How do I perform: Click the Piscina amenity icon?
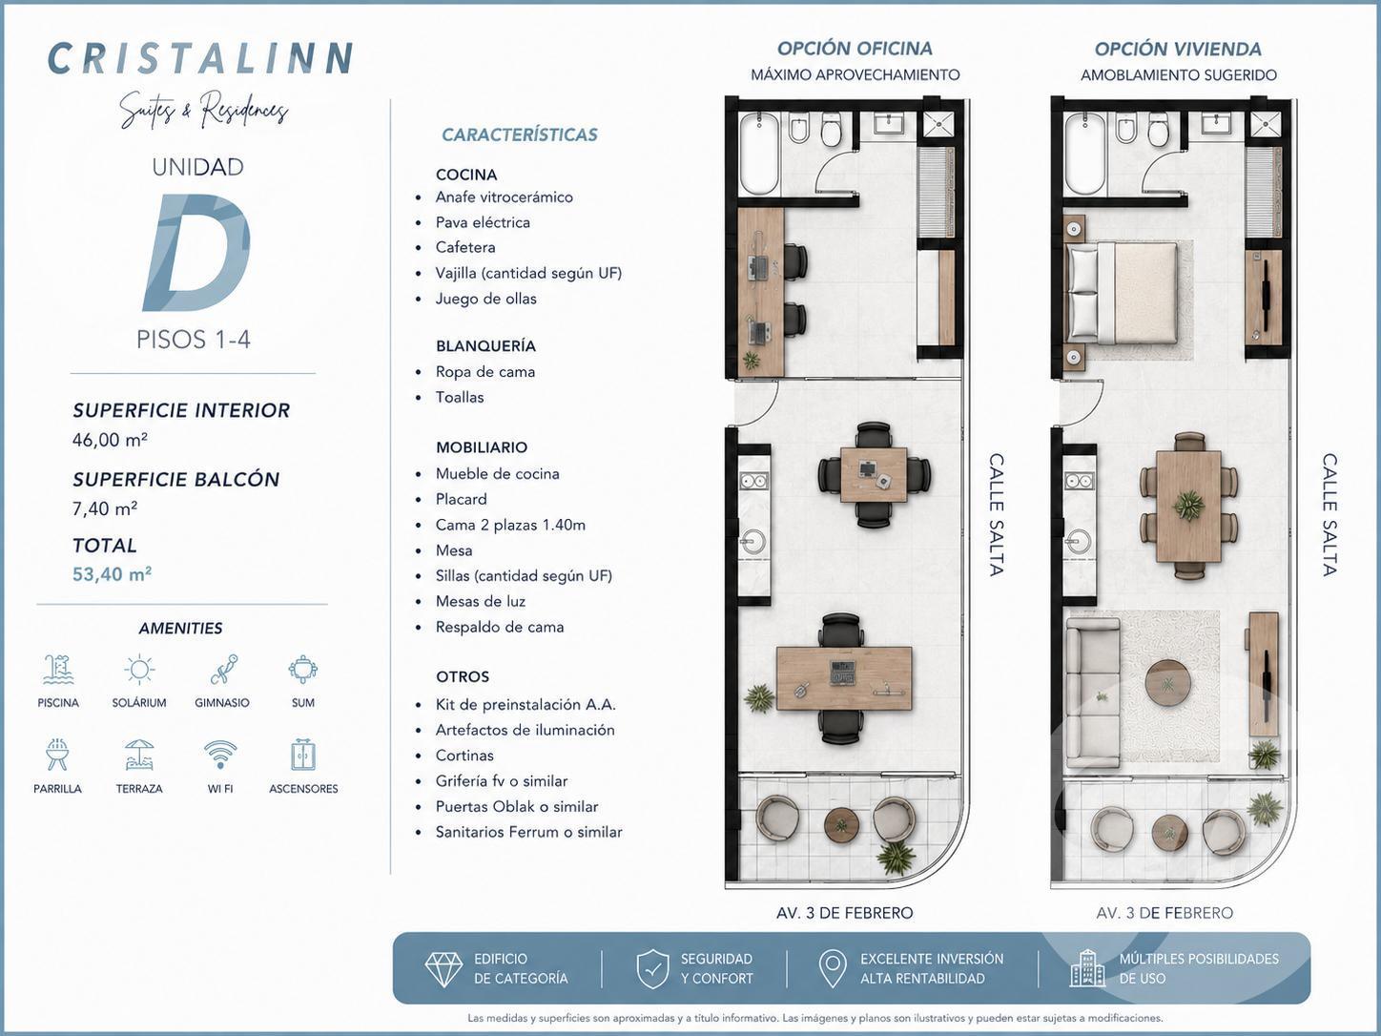coord(58,670)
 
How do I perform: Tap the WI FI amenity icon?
coord(220,755)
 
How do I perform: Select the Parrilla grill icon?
coord(57,755)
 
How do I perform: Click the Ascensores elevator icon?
coord(303,755)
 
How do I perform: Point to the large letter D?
coord(197,252)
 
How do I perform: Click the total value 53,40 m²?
coord(112,573)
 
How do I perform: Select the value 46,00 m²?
coord(110,439)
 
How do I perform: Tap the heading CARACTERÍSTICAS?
coord(520,135)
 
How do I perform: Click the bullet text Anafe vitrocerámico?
coord(504,197)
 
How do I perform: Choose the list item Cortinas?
coord(464,755)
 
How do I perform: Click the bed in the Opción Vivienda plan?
coord(1122,293)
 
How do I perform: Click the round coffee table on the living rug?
coord(1167,684)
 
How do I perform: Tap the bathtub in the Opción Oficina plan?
coord(760,155)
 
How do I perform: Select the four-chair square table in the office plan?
coord(874,475)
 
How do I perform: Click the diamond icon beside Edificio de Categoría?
coord(444,968)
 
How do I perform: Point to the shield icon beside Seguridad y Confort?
coord(652,968)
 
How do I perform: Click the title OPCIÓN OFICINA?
coord(855,49)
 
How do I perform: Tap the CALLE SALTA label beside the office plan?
coord(996,514)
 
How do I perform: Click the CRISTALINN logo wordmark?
coord(200,58)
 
